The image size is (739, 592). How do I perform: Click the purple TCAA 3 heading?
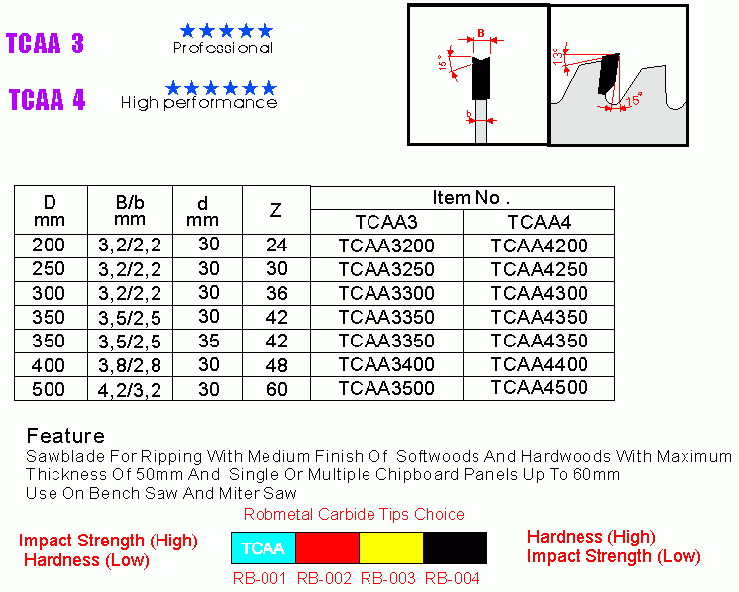45,44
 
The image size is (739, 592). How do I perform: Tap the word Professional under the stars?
223,48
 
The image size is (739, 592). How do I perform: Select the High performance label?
199,103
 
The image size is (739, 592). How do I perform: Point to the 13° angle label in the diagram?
557,55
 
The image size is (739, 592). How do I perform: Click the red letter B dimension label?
481,33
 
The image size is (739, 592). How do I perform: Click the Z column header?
275,210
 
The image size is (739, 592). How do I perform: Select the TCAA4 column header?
539,222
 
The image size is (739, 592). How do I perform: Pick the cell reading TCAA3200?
386,246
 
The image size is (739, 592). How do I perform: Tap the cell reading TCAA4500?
540,388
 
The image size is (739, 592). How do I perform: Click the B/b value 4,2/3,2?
130,390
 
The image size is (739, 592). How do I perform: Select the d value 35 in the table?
209,341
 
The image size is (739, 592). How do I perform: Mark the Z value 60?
276,389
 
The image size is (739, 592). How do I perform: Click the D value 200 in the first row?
49,245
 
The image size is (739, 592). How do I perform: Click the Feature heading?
65,436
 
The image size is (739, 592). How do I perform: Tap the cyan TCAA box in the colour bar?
264,547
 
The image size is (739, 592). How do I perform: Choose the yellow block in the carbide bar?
391,547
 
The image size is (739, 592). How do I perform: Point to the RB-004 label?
453,578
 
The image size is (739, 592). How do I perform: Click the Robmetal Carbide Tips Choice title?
354,514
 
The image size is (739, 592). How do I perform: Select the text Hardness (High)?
591,537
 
